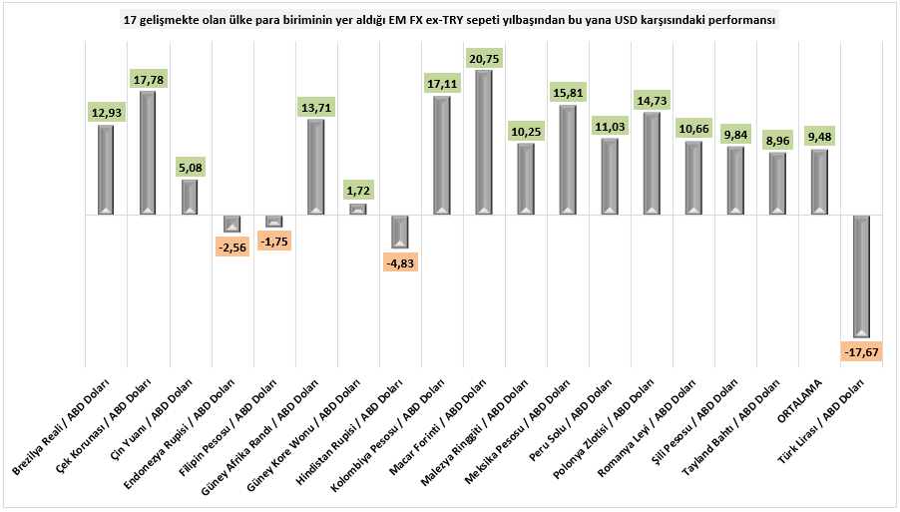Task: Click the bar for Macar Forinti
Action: (484, 143)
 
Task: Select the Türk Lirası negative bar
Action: (862, 275)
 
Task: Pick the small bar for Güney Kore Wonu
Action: (358, 209)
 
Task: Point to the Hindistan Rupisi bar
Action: (400, 231)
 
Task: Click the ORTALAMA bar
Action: (820, 182)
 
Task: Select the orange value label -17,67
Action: (862, 352)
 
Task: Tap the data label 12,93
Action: (106, 113)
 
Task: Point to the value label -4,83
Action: (400, 262)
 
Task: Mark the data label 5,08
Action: (190, 168)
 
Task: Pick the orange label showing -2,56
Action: (231, 246)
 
